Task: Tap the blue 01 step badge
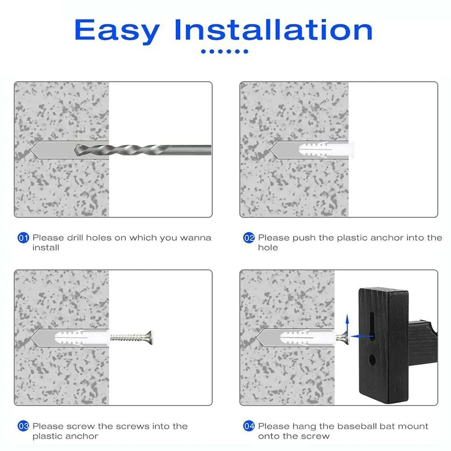click(x=23, y=238)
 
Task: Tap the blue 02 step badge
click(x=249, y=238)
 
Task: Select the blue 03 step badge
click(x=23, y=426)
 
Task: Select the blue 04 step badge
click(x=249, y=426)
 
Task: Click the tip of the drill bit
click(x=75, y=150)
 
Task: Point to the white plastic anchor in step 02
click(x=327, y=150)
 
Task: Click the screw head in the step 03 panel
click(x=150, y=338)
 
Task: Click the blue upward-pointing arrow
click(x=347, y=325)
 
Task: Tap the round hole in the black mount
click(x=372, y=359)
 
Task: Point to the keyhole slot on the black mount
click(x=372, y=326)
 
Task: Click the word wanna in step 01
click(x=196, y=238)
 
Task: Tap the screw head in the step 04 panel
click(x=345, y=338)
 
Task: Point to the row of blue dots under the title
click(x=225, y=51)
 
